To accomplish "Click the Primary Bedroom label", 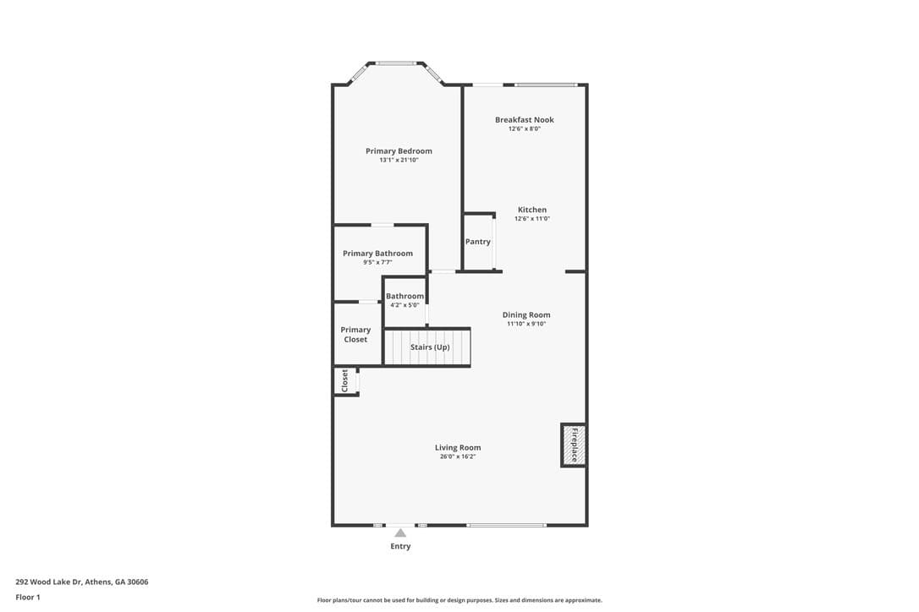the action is coord(399,151).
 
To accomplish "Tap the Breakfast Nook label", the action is coord(524,119).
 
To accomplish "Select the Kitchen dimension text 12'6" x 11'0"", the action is coord(532,218).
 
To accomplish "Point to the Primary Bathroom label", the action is coord(377,254).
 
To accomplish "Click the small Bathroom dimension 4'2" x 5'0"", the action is coord(404,305).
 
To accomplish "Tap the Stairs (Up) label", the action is coord(430,347).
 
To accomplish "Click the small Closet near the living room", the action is coord(345,380).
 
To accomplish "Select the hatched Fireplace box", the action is coord(573,445).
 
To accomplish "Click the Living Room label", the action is coord(458,447).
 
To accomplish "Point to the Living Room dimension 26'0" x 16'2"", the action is coord(458,456).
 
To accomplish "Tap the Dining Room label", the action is coord(526,315).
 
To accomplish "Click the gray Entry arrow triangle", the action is coord(400,533).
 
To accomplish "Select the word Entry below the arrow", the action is coord(400,546).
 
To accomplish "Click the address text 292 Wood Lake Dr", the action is coord(48,582).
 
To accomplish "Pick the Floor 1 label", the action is coord(28,598).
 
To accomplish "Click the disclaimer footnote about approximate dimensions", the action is coord(459,600).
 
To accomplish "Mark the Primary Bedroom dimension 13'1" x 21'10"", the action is coord(399,160).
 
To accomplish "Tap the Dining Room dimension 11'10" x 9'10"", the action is coord(526,324).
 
